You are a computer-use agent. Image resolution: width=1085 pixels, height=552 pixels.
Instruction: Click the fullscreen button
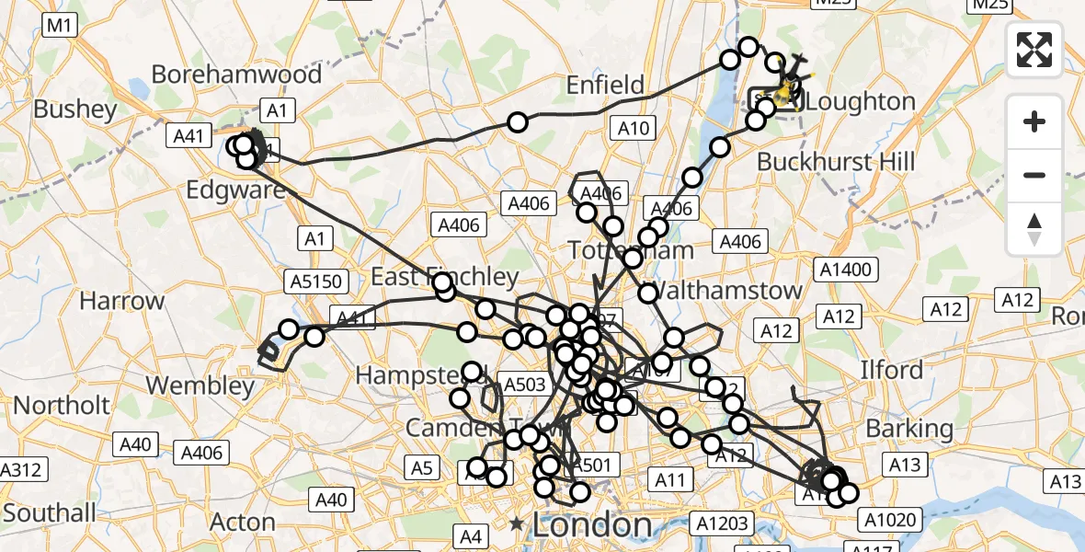click(x=1034, y=50)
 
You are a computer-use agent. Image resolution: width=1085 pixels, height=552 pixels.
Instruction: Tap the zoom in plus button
click(x=1034, y=121)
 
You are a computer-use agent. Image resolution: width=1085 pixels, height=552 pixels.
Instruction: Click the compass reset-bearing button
click(x=1034, y=229)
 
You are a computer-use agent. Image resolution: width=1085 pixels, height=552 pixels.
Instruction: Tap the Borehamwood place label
click(x=236, y=75)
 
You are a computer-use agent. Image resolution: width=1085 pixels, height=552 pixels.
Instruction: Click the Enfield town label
click(x=605, y=86)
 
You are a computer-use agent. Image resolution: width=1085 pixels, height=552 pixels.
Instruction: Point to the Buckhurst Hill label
click(x=835, y=162)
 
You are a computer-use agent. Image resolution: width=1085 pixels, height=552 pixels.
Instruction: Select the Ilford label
click(x=891, y=370)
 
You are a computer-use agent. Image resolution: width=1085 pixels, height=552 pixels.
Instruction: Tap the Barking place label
click(x=909, y=429)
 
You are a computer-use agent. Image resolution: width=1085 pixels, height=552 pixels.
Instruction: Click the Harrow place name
click(x=122, y=301)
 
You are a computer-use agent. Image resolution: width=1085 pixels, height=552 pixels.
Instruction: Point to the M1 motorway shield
click(x=60, y=27)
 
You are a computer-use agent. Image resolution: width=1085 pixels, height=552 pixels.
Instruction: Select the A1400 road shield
click(x=845, y=270)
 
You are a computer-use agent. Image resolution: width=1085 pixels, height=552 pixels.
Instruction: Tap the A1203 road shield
click(x=721, y=523)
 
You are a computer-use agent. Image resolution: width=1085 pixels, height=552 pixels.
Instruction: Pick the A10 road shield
click(x=634, y=129)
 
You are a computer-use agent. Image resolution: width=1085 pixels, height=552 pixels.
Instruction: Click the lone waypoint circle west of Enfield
click(x=518, y=122)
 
